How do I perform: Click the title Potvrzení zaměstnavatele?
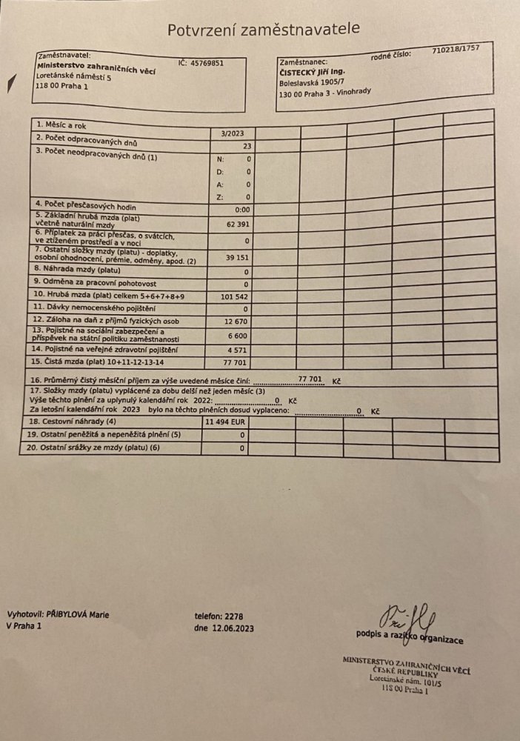(264, 29)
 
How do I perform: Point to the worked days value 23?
(247, 147)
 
